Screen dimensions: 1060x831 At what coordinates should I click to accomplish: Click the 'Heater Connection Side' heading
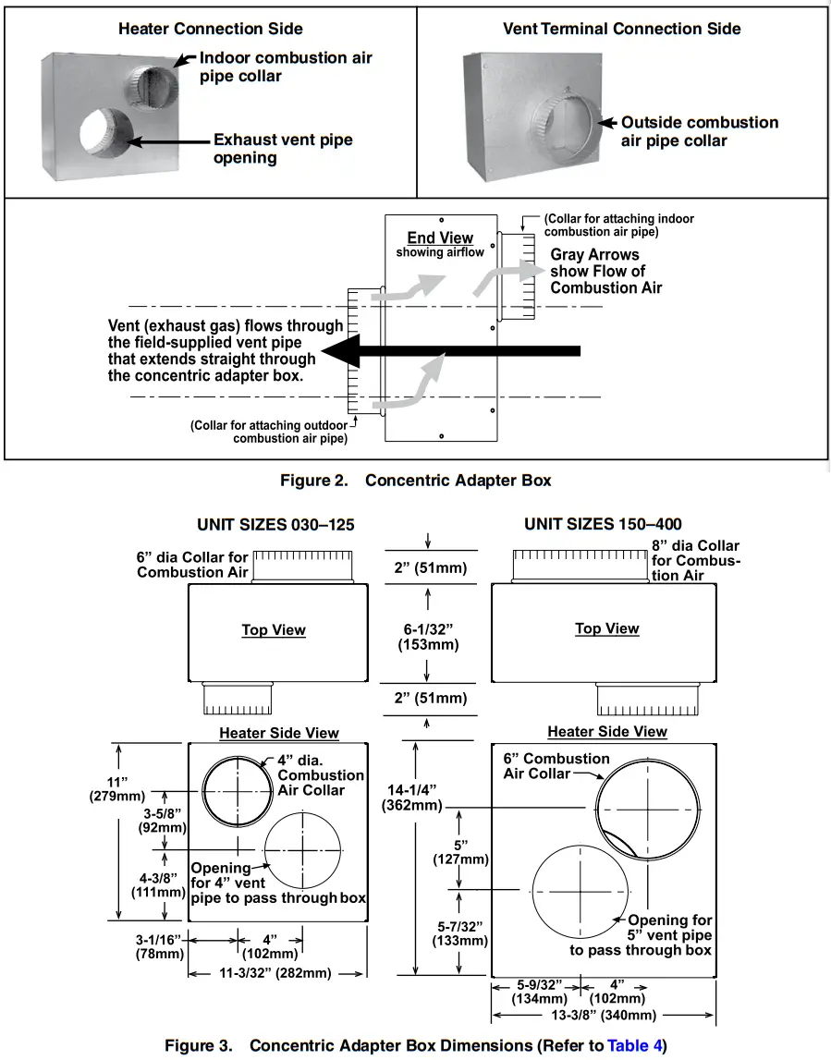coord(211,29)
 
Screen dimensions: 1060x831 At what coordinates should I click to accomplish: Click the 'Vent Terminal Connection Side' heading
coord(621,29)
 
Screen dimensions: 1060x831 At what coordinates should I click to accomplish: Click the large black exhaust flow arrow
coord(453,351)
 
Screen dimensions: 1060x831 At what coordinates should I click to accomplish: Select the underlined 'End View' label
coord(440,238)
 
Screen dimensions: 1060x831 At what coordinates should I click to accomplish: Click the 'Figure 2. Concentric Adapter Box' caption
coord(415,481)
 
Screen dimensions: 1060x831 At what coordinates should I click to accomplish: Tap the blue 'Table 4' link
coord(633,1046)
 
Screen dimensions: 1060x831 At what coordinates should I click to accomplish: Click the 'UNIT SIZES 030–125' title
coord(275,525)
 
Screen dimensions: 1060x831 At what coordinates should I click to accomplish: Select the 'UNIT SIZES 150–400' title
coord(603,524)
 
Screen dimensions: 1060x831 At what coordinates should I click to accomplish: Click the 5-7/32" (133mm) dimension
coord(459,933)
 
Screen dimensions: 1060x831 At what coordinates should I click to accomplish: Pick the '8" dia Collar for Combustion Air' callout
coord(695,560)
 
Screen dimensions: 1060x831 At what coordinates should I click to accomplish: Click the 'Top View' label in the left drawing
coord(274,630)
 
